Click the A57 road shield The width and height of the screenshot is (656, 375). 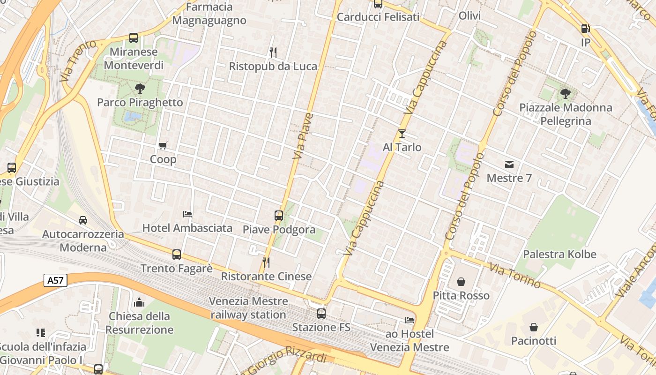click(x=56, y=280)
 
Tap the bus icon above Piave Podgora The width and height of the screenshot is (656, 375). click(x=279, y=216)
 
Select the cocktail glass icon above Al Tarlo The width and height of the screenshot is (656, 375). click(x=402, y=134)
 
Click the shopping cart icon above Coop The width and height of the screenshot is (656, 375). click(x=163, y=145)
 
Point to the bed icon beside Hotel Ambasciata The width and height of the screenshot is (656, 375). click(x=187, y=214)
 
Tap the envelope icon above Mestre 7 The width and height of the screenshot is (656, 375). click(x=509, y=165)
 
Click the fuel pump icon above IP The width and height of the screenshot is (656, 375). click(x=585, y=29)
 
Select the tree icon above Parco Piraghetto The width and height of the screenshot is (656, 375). click(x=140, y=88)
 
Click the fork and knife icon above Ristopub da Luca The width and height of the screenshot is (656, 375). click(x=273, y=52)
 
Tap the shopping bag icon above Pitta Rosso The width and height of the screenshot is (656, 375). click(x=461, y=282)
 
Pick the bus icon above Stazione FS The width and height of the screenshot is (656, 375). click(x=321, y=313)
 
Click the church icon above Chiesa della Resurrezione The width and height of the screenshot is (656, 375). click(x=139, y=302)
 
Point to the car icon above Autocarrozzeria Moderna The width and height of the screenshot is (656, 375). click(x=83, y=220)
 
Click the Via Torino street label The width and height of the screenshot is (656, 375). click(x=515, y=275)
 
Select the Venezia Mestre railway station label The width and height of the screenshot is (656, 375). click(x=248, y=307)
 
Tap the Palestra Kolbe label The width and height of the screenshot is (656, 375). click(x=559, y=255)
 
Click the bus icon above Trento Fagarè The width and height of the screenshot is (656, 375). click(x=177, y=255)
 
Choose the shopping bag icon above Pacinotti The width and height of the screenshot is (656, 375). click(x=534, y=327)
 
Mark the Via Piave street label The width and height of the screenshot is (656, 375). click(x=303, y=136)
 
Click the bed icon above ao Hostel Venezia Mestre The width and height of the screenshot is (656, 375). click(x=410, y=320)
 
